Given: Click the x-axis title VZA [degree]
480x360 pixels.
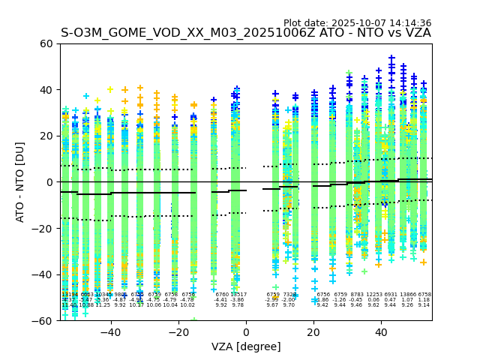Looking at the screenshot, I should coord(246,346).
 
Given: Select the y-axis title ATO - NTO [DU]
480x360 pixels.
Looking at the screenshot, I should coord(20,182).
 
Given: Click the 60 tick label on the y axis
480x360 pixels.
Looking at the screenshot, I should coord(46,43).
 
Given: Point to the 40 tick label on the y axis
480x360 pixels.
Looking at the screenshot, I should coord(46,90).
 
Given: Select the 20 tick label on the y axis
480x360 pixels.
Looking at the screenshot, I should coord(46,136).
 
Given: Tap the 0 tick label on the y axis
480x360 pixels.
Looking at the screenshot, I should coord(49,182).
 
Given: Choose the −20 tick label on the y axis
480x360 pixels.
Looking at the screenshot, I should coord(43,228).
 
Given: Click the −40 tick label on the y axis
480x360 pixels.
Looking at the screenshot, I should coord(43,274).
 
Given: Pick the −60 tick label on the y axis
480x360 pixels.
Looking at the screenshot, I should coord(43,320).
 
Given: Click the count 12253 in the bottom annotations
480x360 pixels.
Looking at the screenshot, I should coord(374,295).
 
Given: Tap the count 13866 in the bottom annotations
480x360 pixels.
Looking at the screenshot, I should coord(407,295).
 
